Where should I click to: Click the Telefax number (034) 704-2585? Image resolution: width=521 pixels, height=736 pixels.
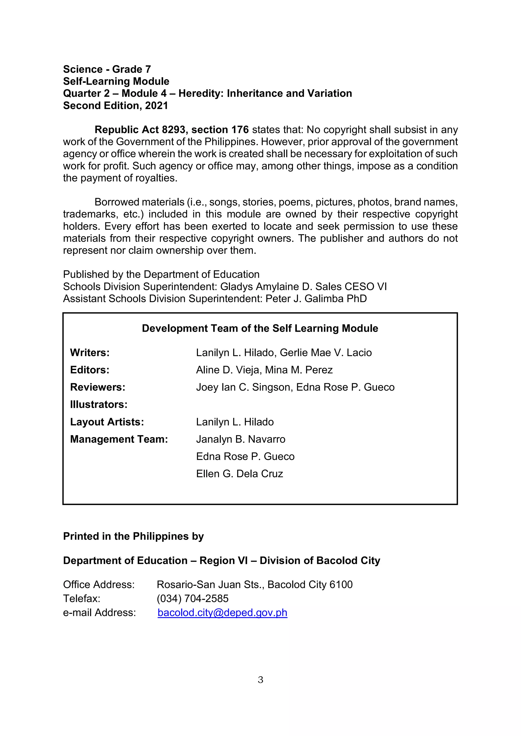(193, 599)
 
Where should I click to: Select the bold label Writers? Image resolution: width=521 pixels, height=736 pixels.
(90, 352)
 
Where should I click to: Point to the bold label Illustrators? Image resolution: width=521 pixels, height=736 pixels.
(99, 405)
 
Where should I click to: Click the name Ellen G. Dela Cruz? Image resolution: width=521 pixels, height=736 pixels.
(239, 474)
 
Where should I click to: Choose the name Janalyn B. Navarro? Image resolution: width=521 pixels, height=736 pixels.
(241, 439)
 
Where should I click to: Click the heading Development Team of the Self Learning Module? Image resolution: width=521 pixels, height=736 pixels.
(260, 328)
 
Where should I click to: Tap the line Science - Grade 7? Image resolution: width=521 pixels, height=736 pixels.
(107, 69)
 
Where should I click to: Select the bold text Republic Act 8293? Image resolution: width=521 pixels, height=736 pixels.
(140, 130)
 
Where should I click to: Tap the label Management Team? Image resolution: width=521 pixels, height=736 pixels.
(119, 439)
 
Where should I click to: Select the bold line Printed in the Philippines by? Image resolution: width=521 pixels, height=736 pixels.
(134, 536)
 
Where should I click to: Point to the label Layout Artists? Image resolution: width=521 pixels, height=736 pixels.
(107, 422)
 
